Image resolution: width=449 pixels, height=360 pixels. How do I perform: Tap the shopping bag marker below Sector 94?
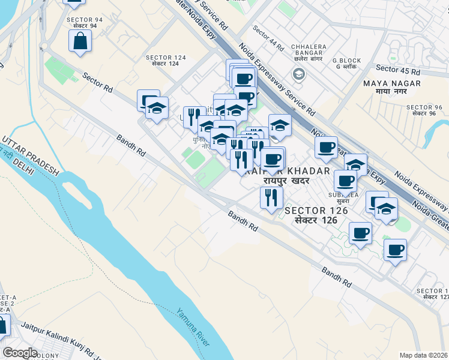coord(80,42)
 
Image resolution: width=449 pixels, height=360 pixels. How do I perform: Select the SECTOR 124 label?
coord(166,58)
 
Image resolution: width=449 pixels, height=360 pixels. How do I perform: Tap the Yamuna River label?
coord(193,328)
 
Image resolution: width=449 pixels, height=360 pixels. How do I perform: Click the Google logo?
coord(20,353)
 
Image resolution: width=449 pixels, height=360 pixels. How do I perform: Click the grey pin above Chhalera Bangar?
coord(298,74)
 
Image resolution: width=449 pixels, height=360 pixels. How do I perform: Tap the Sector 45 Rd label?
coord(399,71)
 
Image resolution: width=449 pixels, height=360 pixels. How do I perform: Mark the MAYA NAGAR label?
coord(387,83)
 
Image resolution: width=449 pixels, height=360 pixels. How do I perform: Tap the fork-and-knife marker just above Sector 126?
coord(271,197)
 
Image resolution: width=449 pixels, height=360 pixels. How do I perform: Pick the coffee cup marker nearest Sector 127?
coord(395,250)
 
